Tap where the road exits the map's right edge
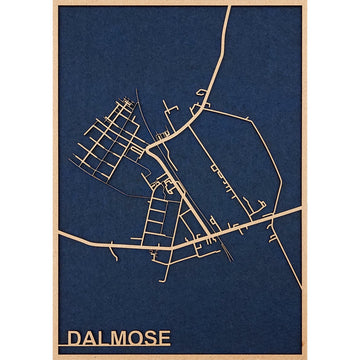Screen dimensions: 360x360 [299, 209]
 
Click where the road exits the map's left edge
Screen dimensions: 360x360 [59, 235]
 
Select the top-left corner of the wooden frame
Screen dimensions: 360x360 [54, 3]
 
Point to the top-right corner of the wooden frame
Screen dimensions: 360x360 [305, 3]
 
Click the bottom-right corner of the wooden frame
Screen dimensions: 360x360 [305, 357]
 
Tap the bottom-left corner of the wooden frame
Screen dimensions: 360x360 [54, 357]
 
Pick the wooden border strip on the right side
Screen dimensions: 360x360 [303, 180]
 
